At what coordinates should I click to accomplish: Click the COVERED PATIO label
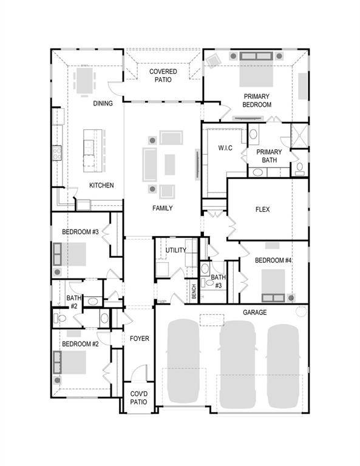coord(163,75)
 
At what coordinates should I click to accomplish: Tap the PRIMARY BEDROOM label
coord(257,100)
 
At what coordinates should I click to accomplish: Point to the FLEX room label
coord(262,210)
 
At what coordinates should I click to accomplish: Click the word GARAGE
coord(254,312)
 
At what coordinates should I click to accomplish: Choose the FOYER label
coord(139,338)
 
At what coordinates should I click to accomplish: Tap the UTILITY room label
coord(176,250)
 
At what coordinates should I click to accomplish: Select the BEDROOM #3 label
coord(80,232)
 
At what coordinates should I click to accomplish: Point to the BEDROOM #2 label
coord(80,344)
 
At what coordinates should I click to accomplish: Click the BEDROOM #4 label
coord(273,260)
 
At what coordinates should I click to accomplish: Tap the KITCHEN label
coord(101,185)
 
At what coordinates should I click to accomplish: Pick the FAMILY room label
coord(162,208)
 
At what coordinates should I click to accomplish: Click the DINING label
coord(103,103)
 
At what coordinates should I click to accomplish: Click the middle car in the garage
coord(237,364)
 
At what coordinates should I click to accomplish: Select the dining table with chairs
coord(84,79)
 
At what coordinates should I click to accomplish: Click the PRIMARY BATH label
coord(268,156)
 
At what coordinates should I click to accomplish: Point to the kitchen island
coord(89,149)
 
